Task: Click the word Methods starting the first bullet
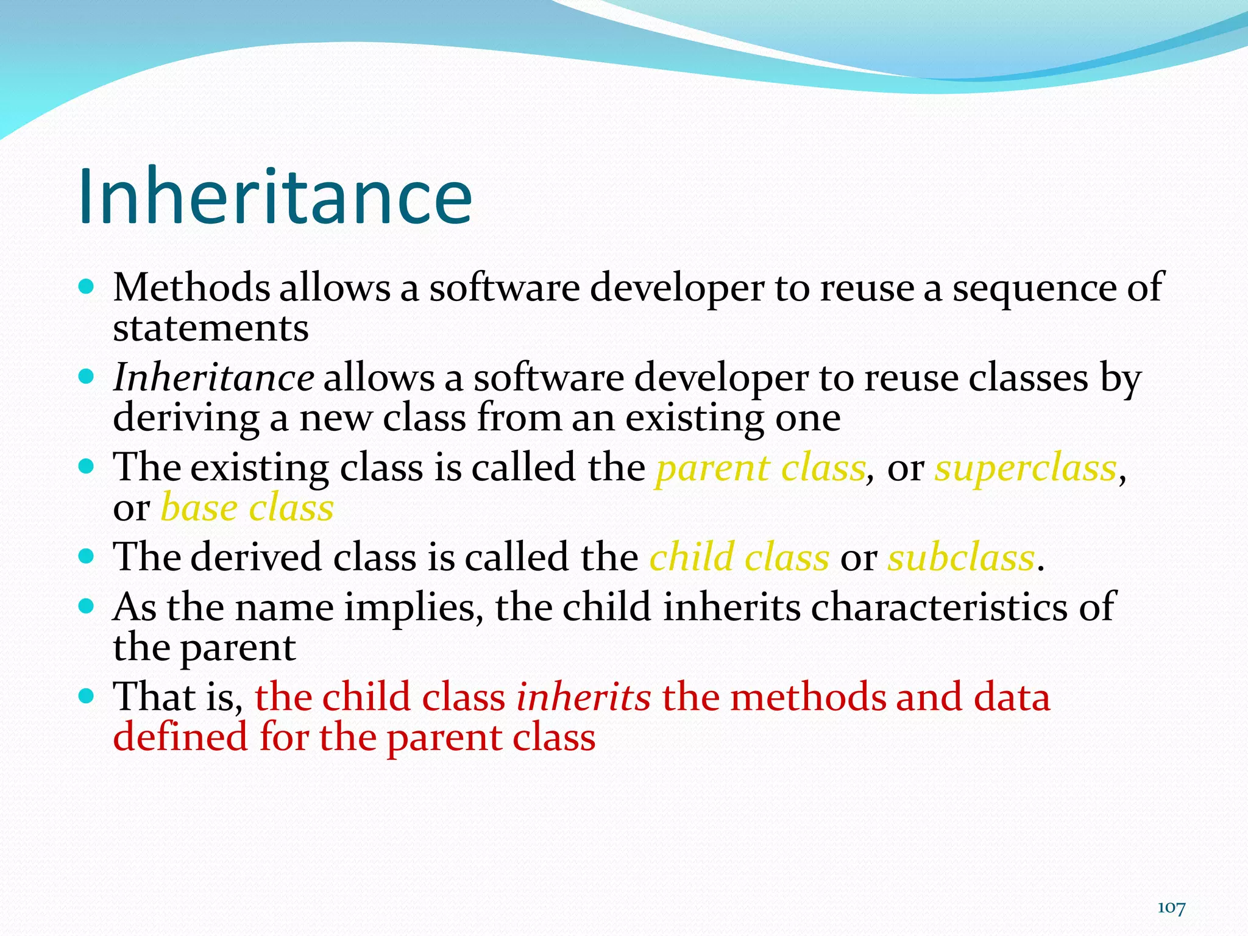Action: tap(191, 288)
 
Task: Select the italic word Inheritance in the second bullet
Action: tap(214, 377)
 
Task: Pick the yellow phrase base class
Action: tap(247, 508)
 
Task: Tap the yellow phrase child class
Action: tap(739, 558)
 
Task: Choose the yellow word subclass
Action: tap(961, 558)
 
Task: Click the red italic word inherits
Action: tap(583, 697)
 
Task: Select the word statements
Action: tap(211, 328)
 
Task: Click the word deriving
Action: tap(186, 419)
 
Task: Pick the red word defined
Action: tap(180, 737)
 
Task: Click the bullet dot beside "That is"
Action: tap(87, 695)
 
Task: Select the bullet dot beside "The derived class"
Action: tap(87, 556)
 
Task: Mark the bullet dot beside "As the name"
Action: tap(87, 606)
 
